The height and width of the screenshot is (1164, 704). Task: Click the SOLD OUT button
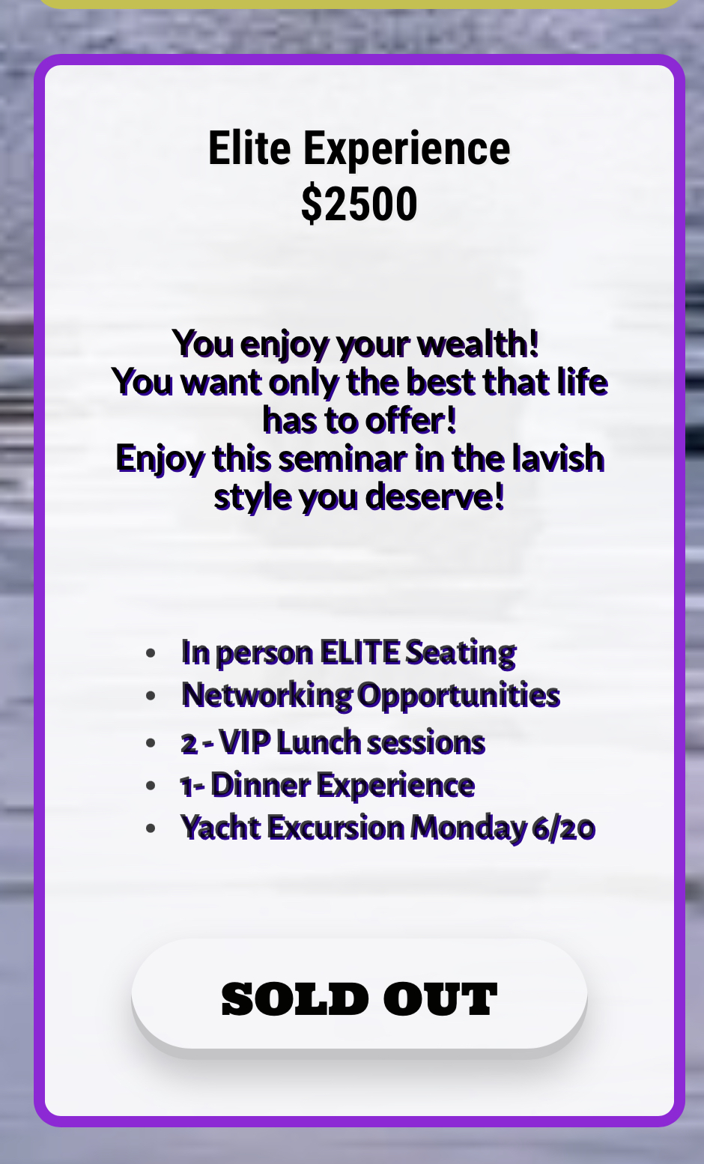[359, 994]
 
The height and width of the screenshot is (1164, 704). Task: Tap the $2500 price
[359, 204]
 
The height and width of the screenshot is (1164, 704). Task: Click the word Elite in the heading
[249, 148]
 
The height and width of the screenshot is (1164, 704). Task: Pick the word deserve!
[435, 497]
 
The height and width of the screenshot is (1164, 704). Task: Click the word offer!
[410, 420]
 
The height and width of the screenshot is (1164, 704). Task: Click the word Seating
[461, 654]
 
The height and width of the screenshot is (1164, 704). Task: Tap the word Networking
[267, 696]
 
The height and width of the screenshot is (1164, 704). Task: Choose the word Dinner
[261, 785]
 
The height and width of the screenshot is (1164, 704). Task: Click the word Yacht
[221, 828]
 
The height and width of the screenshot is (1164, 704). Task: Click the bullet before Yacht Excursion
[151, 828]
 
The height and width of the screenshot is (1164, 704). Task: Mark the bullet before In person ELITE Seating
[151, 653]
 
